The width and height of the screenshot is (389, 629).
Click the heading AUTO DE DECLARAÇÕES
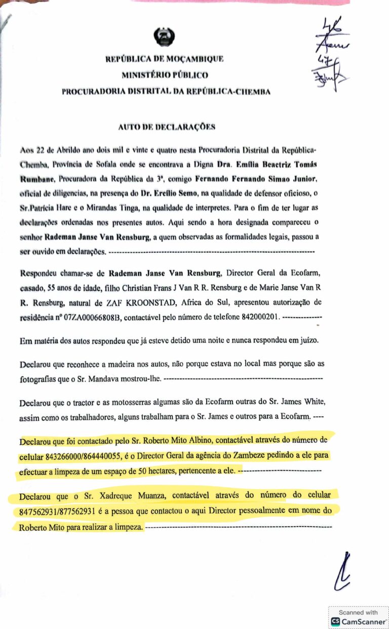click(x=167, y=127)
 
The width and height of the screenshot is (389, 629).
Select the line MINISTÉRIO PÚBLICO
click(x=165, y=75)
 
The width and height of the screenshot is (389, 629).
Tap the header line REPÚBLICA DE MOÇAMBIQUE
click(x=165, y=59)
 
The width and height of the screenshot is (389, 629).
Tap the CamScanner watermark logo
click(x=335, y=621)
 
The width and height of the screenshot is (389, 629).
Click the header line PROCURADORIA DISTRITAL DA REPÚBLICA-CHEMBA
click(x=166, y=92)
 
